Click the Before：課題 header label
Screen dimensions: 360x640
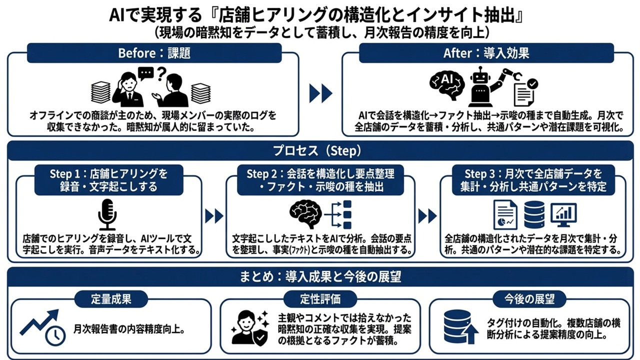click(x=154, y=53)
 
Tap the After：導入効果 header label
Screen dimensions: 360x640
click(x=486, y=53)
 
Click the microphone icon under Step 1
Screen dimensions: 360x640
click(x=107, y=213)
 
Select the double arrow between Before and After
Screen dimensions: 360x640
click(x=320, y=93)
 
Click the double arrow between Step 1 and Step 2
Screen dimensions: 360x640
click(x=214, y=216)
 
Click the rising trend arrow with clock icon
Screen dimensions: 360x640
click(x=43, y=327)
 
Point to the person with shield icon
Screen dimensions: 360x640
click(x=250, y=327)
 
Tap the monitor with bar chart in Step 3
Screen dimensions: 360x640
click(x=563, y=214)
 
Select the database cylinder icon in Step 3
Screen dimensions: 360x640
click(x=534, y=214)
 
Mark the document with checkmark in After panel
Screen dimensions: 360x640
click(x=525, y=92)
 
